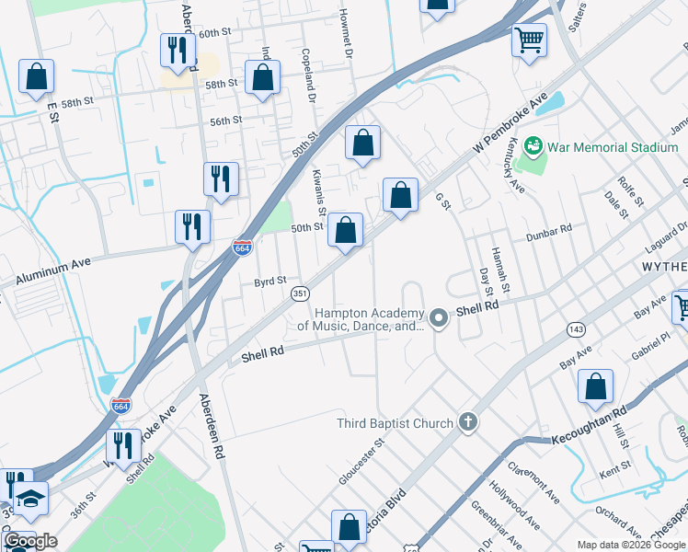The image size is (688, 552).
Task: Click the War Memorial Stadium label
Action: pyautogui.click(x=613, y=147)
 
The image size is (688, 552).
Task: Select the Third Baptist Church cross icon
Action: pyautogui.click(x=468, y=423)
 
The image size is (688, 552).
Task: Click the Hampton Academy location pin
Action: pyautogui.click(x=439, y=319)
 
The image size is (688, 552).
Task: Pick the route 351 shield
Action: pyautogui.click(x=300, y=293)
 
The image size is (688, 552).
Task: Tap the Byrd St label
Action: pyautogui.click(x=270, y=281)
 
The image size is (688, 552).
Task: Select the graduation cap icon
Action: pyautogui.click(x=31, y=499)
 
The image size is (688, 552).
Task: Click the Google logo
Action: pyautogui.click(x=30, y=541)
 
